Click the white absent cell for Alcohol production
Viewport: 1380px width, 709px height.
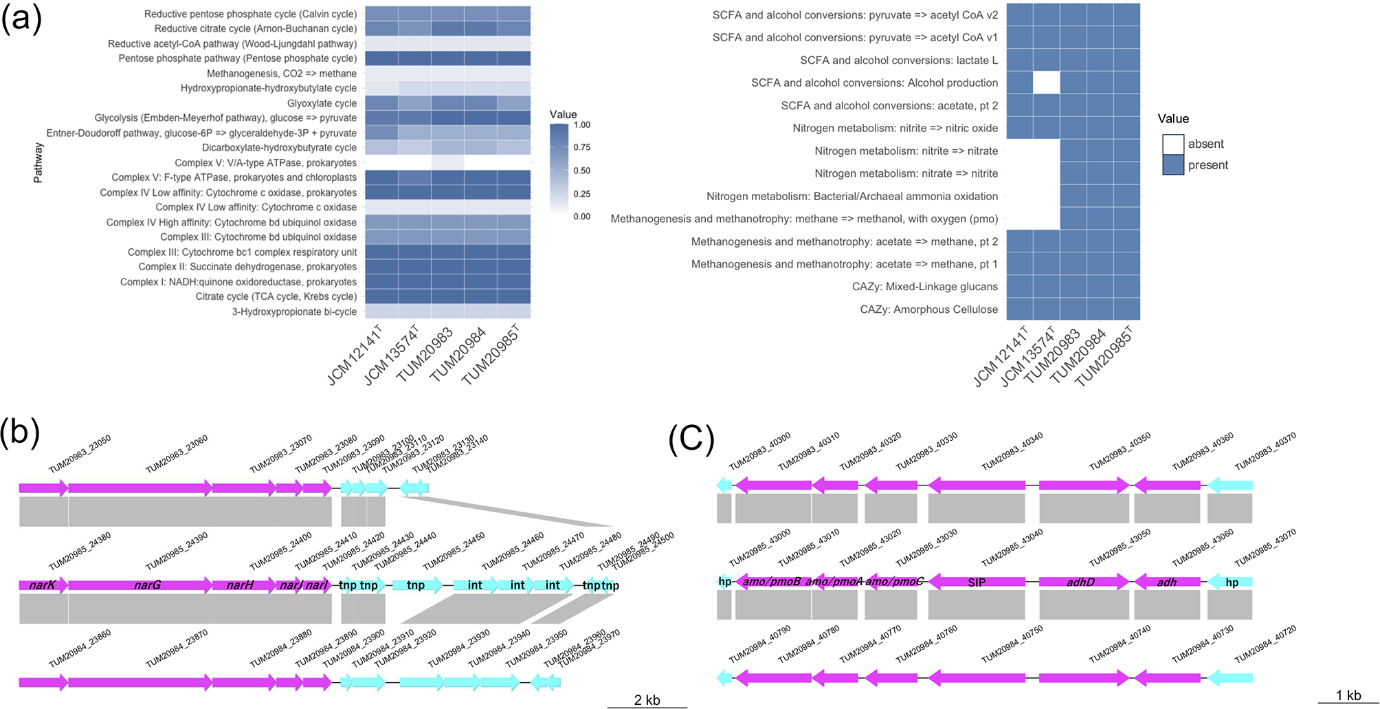pyautogui.click(x=1046, y=83)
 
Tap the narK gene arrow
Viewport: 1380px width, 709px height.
pyautogui.click(x=43, y=585)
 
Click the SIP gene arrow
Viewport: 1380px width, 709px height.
pyautogui.click(x=977, y=582)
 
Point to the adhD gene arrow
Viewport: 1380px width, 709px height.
pyautogui.click(x=1082, y=582)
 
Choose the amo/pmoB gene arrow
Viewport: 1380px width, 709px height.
pyautogui.click(x=772, y=582)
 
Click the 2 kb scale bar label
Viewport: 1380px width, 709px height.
pyautogui.click(x=647, y=700)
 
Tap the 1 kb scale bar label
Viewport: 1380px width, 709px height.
pyautogui.click(x=1348, y=695)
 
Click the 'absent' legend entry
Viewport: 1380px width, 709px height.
pyautogui.click(x=1205, y=144)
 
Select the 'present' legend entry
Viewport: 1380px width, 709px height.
pyautogui.click(x=1207, y=165)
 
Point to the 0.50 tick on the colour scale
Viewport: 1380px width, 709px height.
pyautogui.click(x=581, y=171)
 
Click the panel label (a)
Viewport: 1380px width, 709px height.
pyautogui.click(x=21, y=19)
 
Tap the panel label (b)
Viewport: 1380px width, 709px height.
pyautogui.click(x=20, y=433)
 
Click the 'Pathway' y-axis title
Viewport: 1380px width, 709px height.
pyautogui.click(x=38, y=163)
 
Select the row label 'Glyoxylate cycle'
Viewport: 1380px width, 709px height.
pyautogui.click(x=322, y=103)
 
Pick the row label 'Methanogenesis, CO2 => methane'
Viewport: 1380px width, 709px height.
pyautogui.click(x=282, y=74)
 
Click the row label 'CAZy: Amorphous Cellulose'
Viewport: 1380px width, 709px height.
pyautogui.click(x=928, y=309)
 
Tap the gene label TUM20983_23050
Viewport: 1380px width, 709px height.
pyautogui.click(x=80, y=455)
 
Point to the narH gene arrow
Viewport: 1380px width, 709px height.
pyautogui.click(x=241, y=585)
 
